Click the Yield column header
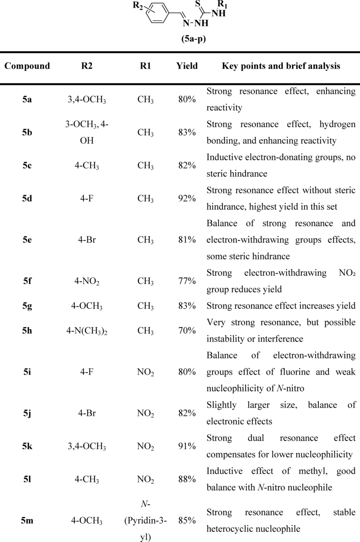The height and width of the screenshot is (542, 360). [187, 66]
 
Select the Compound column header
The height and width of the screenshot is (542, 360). [27, 66]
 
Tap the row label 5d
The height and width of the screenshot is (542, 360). [26, 196]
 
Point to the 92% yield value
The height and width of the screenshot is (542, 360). [187, 196]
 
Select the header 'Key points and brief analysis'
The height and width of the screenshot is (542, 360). [281, 66]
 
